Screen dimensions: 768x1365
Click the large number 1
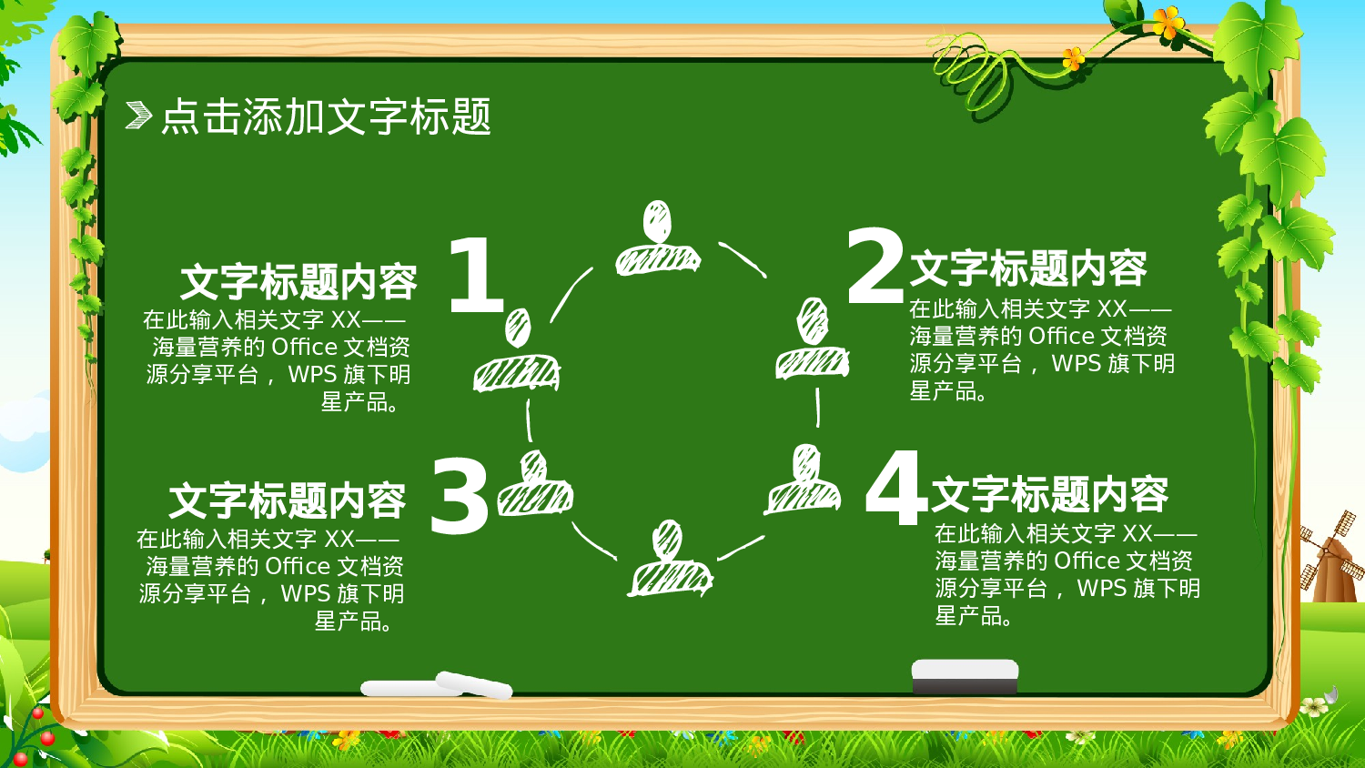coord(475,275)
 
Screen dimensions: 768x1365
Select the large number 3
coord(460,496)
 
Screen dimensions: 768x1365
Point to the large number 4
coord(895,489)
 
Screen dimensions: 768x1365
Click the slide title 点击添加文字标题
coord(326,116)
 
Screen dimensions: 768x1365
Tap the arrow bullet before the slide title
coord(138,116)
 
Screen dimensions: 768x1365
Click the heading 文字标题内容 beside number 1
coord(298,282)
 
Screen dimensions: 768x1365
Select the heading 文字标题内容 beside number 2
coord(1028,268)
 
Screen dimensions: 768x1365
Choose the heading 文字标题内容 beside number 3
coord(288,501)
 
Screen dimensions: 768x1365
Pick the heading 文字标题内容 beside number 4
coord(1050,494)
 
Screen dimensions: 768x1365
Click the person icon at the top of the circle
coord(658,238)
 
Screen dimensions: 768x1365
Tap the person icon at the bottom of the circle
coord(670,559)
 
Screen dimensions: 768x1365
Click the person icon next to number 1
coord(517,352)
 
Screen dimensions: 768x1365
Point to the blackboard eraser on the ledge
coord(965,677)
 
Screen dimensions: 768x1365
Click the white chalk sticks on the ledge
coord(437,686)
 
